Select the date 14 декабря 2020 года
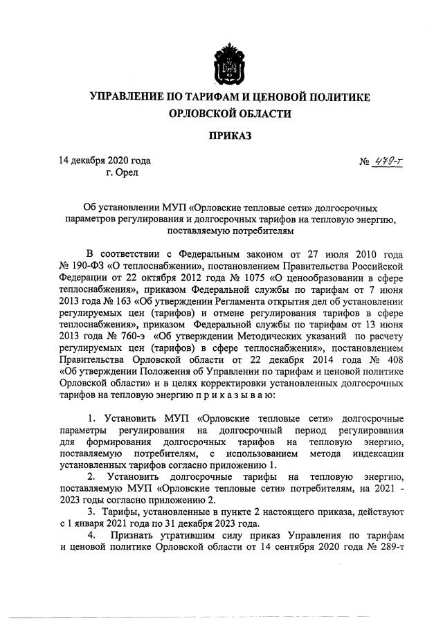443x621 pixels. [105, 161]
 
